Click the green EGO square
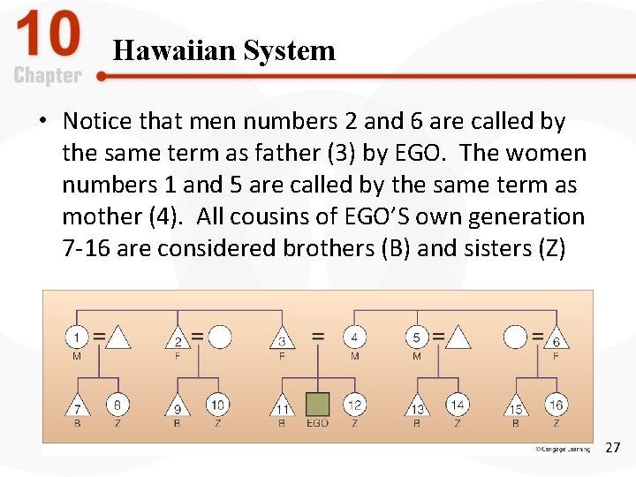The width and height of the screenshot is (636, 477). pyautogui.click(x=317, y=405)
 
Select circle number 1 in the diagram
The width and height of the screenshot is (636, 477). pyautogui.click(x=77, y=337)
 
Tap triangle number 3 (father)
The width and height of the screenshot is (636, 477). pyautogui.click(x=282, y=338)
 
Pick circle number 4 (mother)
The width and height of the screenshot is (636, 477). pyautogui.click(x=354, y=337)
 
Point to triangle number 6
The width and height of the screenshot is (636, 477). pyautogui.click(x=556, y=339)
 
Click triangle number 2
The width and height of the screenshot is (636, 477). pyautogui.click(x=178, y=339)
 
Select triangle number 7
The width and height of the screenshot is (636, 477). pyautogui.click(x=77, y=406)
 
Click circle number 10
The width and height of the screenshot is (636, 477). pyautogui.click(x=218, y=405)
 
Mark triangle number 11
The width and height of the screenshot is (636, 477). pyautogui.click(x=282, y=406)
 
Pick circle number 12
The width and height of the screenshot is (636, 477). pyautogui.click(x=354, y=405)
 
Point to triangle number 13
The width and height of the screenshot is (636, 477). pyautogui.click(x=417, y=406)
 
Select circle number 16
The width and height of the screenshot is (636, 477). pyautogui.click(x=556, y=405)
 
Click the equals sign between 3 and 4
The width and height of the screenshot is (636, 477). pyautogui.click(x=318, y=337)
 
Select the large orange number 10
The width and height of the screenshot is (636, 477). pyautogui.click(x=48, y=36)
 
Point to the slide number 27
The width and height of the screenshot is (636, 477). pyautogui.click(x=612, y=448)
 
